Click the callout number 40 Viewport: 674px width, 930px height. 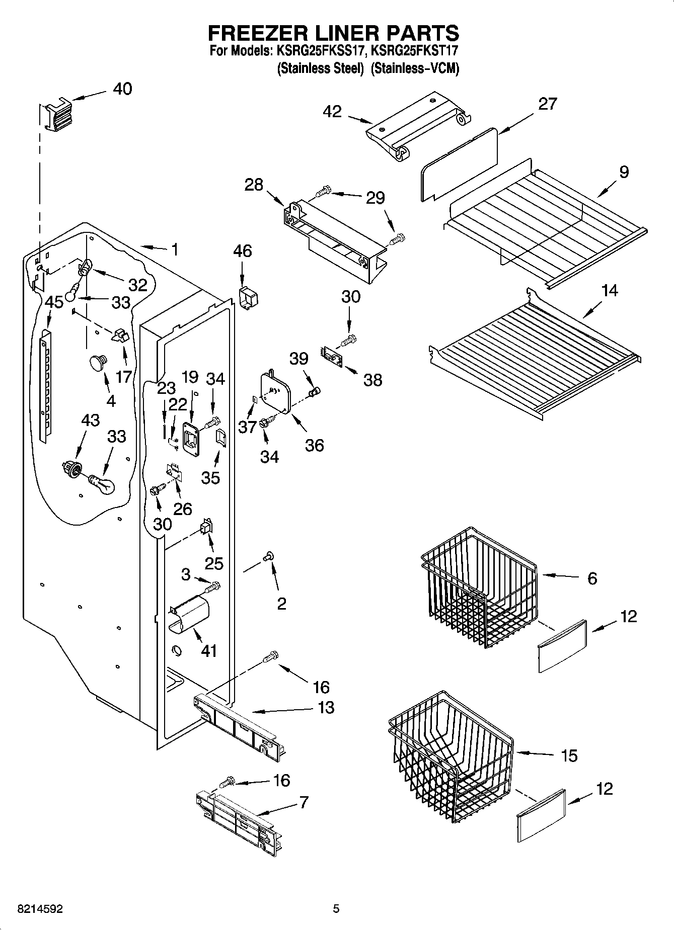[122, 89]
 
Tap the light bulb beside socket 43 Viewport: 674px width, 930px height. [103, 484]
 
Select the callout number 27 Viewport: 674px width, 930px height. [548, 104]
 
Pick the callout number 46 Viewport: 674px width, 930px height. [242, 250]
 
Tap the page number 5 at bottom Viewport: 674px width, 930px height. [336, 908]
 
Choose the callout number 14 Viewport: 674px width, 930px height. [610, 290]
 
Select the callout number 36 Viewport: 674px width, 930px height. [315, 445]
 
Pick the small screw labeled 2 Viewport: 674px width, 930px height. [268, 556]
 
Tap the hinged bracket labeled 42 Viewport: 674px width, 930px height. [418, 126]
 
